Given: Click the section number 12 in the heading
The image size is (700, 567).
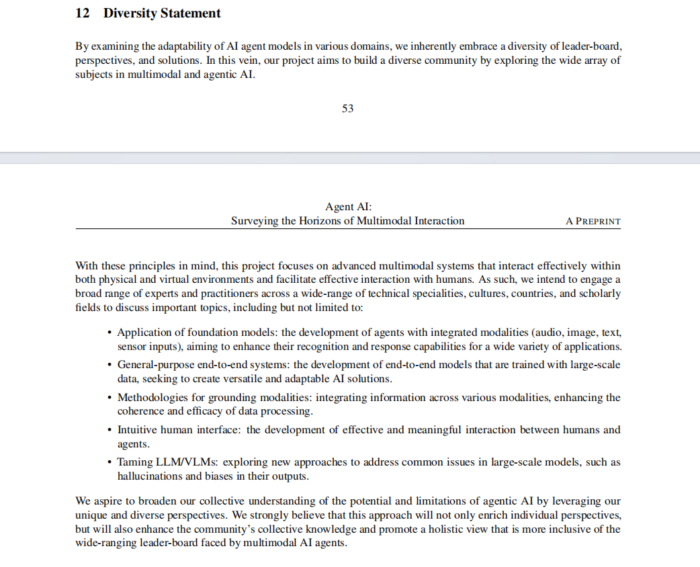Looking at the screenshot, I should click(x=82, y=13).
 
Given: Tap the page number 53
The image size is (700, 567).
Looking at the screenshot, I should click(x=347, y=108).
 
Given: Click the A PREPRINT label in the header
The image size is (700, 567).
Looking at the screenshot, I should click(x=593, y=221).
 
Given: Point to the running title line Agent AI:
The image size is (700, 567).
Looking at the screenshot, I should click(x=347, y=207).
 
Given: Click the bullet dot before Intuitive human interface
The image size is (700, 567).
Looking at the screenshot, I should click(x=110, y=430).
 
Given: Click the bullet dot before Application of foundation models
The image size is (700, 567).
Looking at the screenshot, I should click(x=110, y=333).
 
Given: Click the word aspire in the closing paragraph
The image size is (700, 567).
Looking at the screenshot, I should click(x=107, y=501).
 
